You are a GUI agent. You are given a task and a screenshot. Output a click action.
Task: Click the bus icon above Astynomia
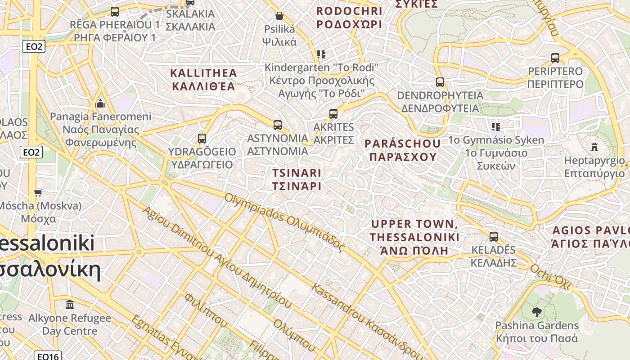(278, 125)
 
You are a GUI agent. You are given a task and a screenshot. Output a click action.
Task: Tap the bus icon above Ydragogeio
(202, 138)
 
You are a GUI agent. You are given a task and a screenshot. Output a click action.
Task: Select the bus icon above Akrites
(333, 114)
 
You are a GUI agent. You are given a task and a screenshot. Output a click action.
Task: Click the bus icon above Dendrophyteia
(440, 82)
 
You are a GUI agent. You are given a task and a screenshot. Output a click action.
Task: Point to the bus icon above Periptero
(555, 58)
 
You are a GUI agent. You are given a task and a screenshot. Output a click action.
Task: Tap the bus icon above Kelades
(494, 237)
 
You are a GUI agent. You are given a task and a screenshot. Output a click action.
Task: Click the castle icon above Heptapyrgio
(594, 147)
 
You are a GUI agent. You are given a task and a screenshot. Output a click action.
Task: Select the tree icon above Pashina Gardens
(536, 312)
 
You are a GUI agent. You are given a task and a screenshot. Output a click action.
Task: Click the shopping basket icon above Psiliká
(279, 16)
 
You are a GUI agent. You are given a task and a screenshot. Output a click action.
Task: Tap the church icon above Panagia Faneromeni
(100, 103)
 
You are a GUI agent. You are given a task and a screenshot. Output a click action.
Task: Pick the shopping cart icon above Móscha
(38, 193)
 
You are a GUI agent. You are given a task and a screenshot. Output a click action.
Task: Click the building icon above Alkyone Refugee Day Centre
(70, 305)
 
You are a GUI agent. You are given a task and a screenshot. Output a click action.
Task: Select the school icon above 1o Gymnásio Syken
(496, 127)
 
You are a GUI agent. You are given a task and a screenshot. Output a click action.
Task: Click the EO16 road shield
(48, 356)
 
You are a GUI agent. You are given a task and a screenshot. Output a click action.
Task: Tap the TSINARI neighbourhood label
(297, 179)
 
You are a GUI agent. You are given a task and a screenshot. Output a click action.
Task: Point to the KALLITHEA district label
(203, 79)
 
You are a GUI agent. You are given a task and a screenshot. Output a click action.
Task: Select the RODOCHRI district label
(349, 17)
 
